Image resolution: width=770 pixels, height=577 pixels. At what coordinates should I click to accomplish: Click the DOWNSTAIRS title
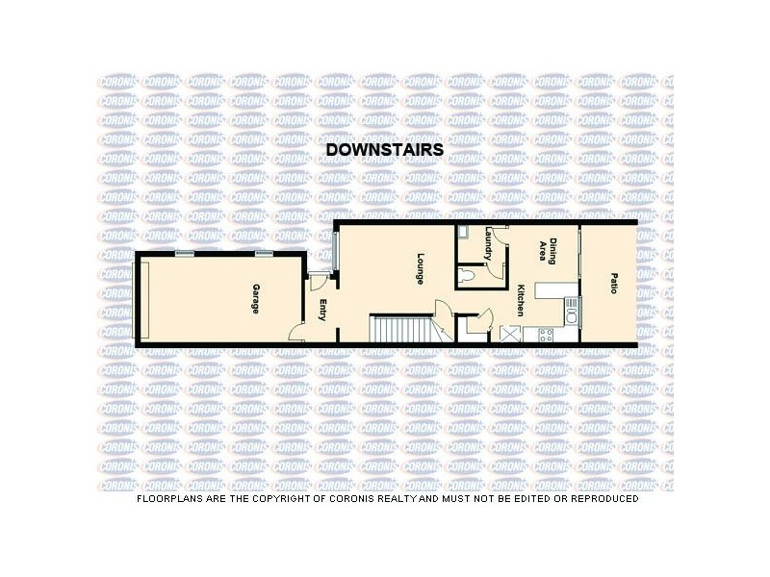385,150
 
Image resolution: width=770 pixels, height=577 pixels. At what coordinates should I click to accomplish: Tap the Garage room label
255,298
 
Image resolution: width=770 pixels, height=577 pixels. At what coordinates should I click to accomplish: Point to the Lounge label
421,266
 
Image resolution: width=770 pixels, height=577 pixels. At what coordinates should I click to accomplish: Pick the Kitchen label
519,301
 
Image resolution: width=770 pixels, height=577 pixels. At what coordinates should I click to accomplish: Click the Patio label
613,284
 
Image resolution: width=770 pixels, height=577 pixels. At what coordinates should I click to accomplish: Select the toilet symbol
467,276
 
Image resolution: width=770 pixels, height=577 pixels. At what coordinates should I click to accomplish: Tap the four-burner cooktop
547,336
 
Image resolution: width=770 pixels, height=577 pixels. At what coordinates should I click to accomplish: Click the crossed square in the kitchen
508,335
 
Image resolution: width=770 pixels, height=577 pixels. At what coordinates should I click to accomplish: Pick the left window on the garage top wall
184,253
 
